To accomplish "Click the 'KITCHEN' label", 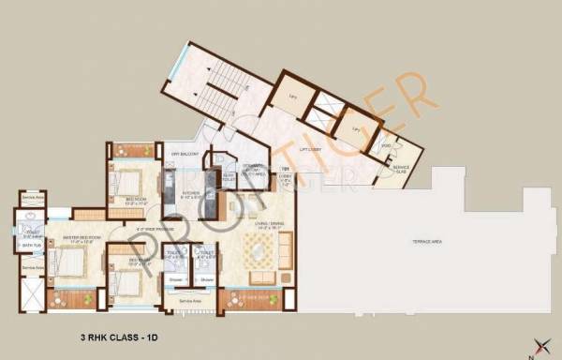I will [179, 195].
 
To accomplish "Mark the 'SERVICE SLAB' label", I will [400, 170].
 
